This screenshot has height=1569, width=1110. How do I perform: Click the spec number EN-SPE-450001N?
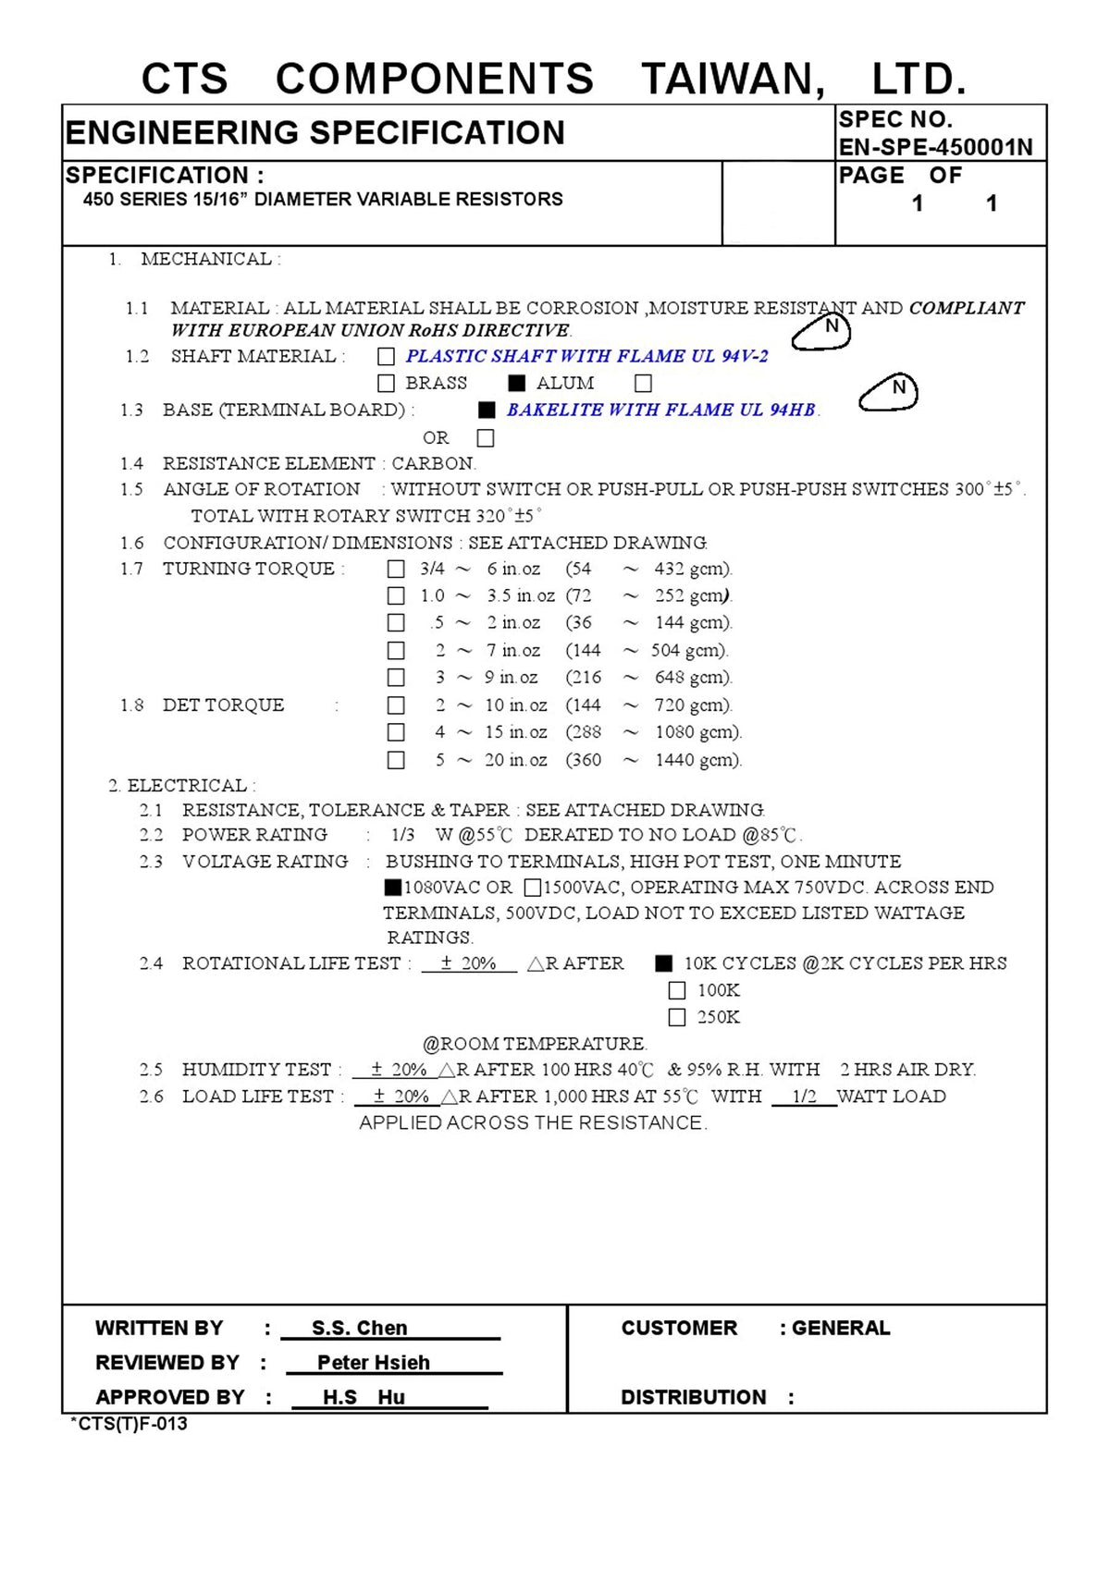click(x=935, y=147)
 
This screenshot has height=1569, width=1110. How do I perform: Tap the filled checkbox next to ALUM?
click(x=517, y=383)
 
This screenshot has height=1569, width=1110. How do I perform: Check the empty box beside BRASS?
click(x=387, y=383)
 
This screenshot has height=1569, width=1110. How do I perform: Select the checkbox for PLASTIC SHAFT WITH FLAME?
click(x=387, y=356)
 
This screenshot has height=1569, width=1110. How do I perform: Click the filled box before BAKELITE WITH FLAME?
click(x=487, y=410)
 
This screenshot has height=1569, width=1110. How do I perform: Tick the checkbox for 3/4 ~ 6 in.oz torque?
click(x=396, y=569)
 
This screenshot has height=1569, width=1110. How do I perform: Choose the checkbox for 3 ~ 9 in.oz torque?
click(x=396, y=678)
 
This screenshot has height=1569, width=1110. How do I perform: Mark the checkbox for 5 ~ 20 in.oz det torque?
click(x=396, y=760)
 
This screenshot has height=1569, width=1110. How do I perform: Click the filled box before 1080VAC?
click(x=393, y=888)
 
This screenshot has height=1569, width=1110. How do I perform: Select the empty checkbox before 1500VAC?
click(x=532, y=888)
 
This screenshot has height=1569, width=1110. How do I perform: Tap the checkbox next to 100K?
click(x=677, y=990)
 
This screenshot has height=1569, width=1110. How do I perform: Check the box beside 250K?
click(x=677, y=1017)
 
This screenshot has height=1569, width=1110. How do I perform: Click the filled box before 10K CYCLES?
click(x=663, y=963)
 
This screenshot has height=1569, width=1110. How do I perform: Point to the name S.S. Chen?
click(x=359, y=1328)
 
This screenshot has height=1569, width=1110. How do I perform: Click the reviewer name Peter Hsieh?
click(x=373, y=1362)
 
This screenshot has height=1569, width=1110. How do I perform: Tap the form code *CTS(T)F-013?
click(x=129, y=1424)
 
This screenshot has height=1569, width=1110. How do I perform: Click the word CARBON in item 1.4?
click(x=432, y=463)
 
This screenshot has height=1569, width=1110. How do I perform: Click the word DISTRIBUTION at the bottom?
click(x=693, y=1397)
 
